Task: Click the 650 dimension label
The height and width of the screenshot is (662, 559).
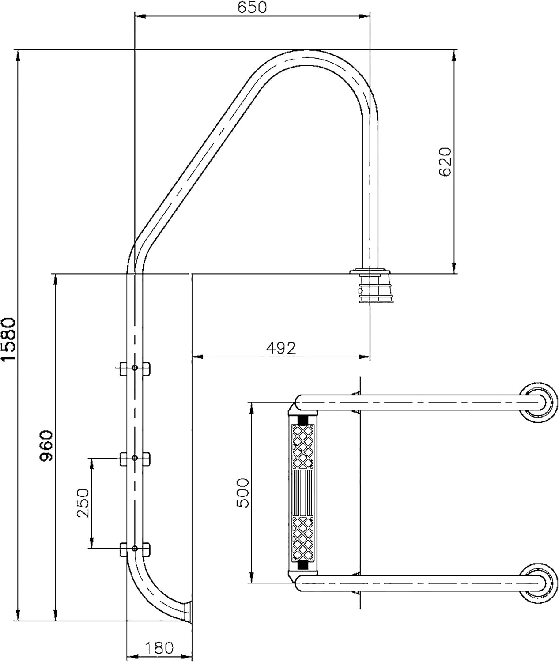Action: [252, 7]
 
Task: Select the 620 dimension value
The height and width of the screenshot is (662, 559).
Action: [445, 162]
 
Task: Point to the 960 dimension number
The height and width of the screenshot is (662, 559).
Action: [46, 446]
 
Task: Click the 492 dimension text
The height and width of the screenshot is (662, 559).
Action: [281, 348]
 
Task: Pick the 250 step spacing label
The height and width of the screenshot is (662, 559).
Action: [83, 503]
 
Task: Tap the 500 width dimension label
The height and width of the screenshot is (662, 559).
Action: [242, 493]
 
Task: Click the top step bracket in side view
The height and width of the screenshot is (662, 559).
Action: [135, 368]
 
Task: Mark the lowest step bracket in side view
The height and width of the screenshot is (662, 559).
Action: [135, 549]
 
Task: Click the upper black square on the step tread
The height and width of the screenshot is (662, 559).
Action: [303, 419]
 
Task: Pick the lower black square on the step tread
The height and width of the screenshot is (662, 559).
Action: [303, 565]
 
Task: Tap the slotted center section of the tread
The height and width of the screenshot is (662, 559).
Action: [303, 493]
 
